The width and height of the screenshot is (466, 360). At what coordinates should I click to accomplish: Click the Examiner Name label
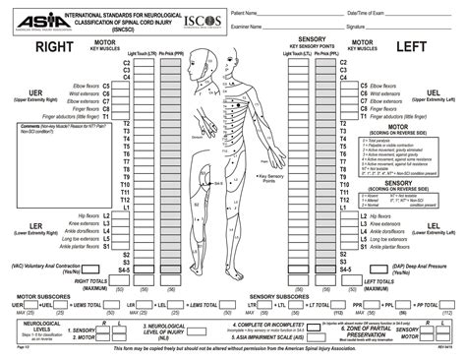coord(246,28)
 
